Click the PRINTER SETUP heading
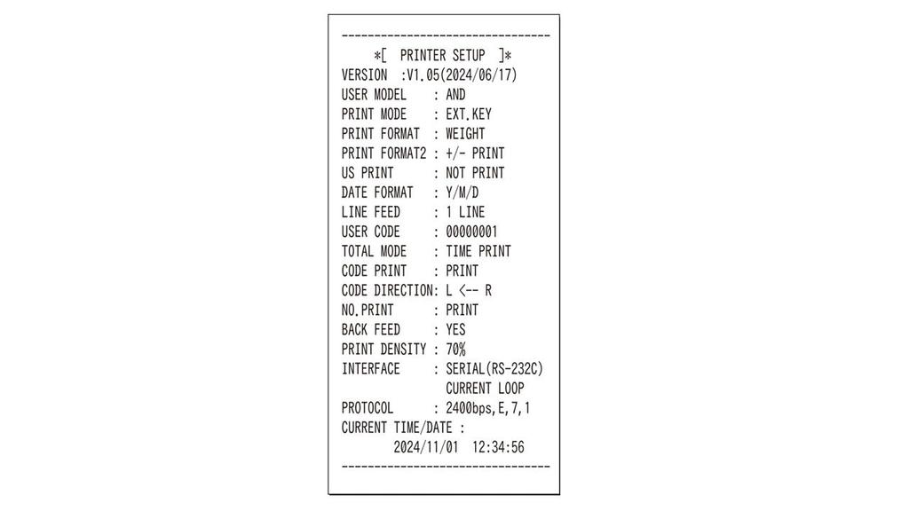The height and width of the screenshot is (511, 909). [442, 56]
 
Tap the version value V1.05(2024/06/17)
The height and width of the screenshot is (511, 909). [462, 75]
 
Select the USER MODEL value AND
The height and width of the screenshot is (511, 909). [455, 94]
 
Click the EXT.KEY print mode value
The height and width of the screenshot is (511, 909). [469, 114]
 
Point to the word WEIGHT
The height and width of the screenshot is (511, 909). [465, 134]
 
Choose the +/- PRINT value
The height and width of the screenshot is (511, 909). [475, 153]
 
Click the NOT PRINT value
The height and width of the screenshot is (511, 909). [475, 173]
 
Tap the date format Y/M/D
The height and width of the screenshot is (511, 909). [462, 193]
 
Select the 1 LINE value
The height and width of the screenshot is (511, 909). [465, 212]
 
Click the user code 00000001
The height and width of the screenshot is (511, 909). [471, 232]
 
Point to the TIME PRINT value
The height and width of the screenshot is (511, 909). [478, 251]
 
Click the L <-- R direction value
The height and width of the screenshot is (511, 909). [469, 291]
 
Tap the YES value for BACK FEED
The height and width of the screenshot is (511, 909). [455, 330]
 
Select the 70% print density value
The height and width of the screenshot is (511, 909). [455, 350]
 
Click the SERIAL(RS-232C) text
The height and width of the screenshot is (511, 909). [494, 369]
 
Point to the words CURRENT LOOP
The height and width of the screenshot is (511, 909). [485, 389]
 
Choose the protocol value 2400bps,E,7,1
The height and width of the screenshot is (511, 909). [487, 408]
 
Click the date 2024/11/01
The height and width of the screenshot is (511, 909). [425, 447]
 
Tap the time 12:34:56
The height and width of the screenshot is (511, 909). [498, 447]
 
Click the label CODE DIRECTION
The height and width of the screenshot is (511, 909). [387, 291]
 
